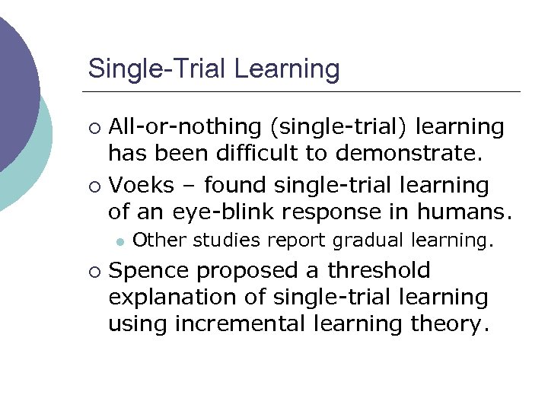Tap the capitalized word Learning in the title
pos(287,69)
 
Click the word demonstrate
pos(407,155)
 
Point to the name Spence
pos(148,270)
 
